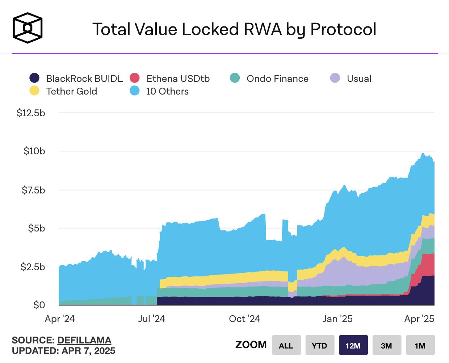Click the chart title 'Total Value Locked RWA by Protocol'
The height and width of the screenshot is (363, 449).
coord(234,30)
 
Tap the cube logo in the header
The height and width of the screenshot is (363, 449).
coord(28,28)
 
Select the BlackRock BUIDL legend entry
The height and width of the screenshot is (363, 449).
coord(76,79)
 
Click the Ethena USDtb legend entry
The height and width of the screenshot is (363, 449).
coord(170,79)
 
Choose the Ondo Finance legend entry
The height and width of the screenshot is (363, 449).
coord(270,79)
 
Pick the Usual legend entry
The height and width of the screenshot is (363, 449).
coord(351,79)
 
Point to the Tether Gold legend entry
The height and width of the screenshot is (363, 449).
coord(64,91)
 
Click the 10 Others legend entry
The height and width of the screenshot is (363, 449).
coord(160,91)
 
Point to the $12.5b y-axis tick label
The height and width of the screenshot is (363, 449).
coord(31,113)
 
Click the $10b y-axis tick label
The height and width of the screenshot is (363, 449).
coord(34,151)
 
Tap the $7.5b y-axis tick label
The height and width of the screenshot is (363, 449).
coord(33,190)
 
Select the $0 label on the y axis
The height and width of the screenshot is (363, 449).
coord(39,305)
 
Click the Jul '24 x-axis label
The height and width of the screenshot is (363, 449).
coord(152,319)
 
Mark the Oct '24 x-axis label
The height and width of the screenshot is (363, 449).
coord(245,319)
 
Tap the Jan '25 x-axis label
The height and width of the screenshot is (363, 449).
coord(337,319)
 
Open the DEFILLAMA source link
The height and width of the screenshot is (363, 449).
coord(84,340)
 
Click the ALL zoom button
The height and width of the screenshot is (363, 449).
coord(286,345)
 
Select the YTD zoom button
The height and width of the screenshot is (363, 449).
coord(319,345)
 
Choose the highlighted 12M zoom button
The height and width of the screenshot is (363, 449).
coord(353,345)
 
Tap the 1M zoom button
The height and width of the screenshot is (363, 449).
coord(420,345)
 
